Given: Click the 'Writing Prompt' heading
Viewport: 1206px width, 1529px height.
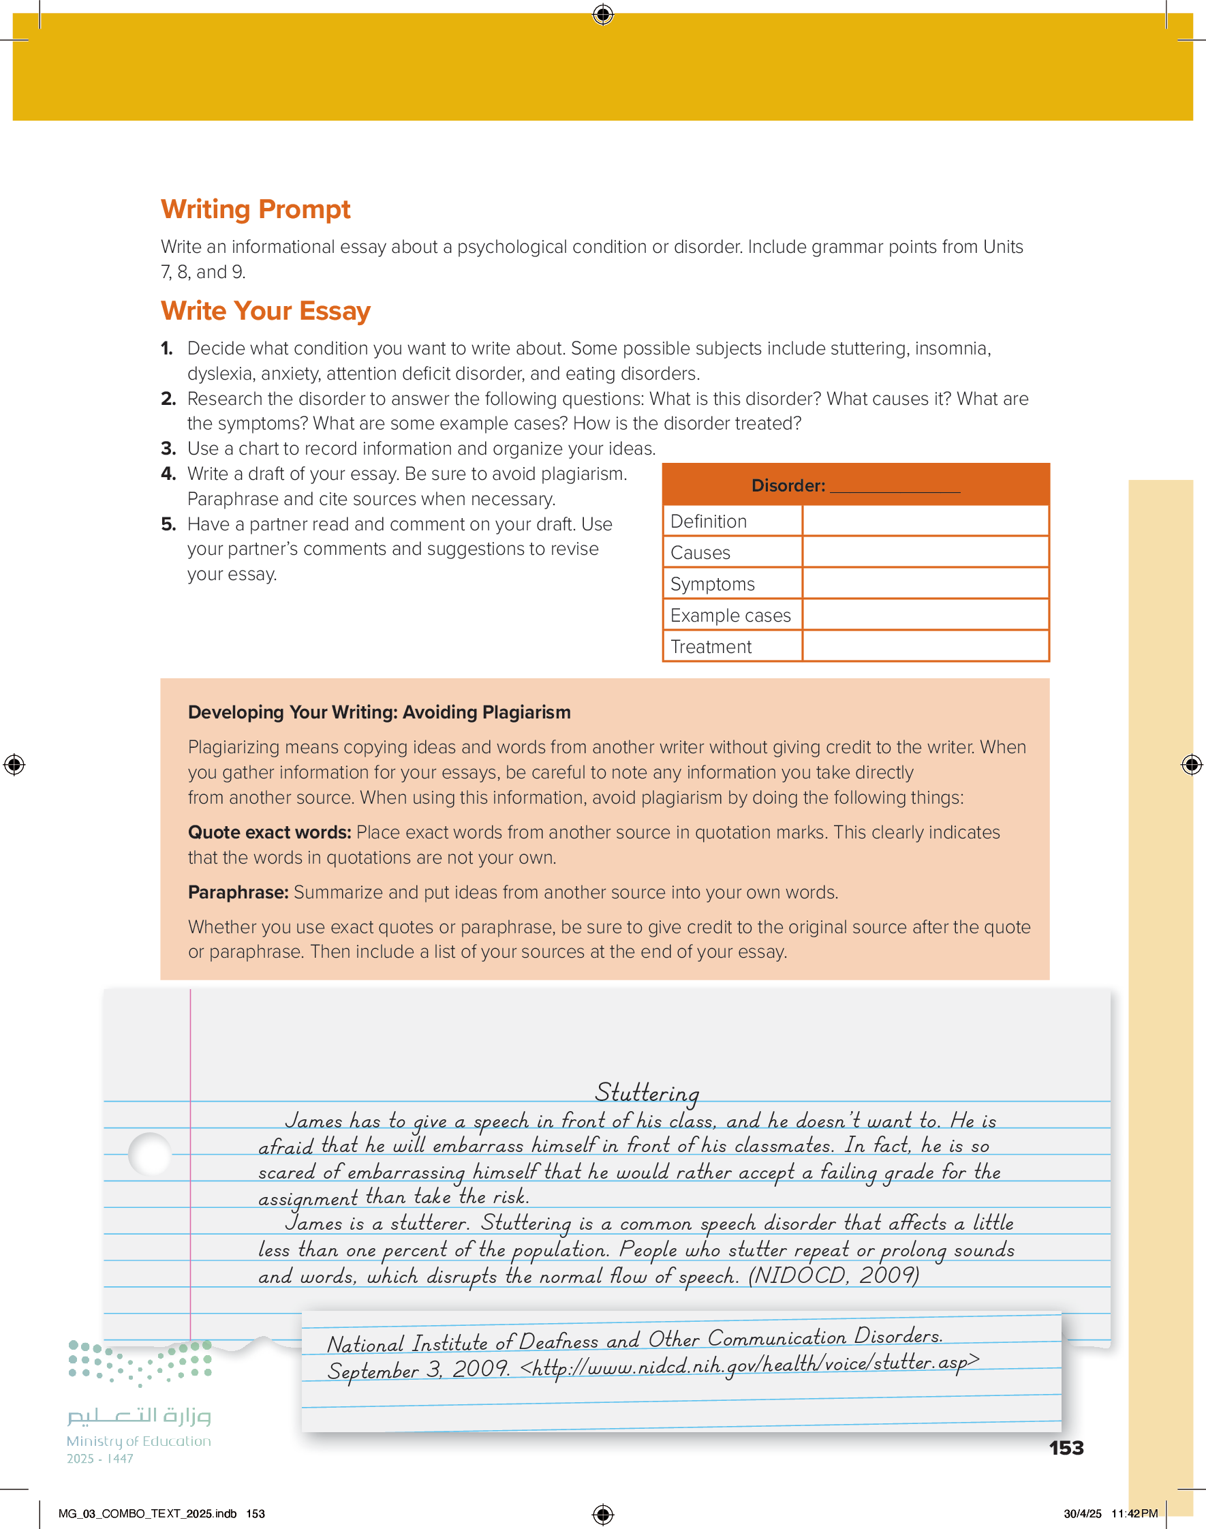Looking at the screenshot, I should [x=255, y=209].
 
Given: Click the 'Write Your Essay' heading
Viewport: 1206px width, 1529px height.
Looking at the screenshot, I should [x=265, y=311].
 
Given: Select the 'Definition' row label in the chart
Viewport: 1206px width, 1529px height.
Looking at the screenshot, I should [x=708, y=521].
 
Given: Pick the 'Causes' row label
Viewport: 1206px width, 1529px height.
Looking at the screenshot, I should [x=700, y=552].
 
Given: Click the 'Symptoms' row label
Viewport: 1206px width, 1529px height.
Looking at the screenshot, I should [x=712, y=584].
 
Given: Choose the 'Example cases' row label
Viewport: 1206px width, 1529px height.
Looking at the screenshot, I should [x=730, y=615].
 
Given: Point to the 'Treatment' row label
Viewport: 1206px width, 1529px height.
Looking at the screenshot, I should [x=711, y=646].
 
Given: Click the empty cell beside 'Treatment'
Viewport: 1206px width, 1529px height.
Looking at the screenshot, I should [x=925, y=646].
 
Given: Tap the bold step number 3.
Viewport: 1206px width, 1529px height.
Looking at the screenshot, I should [x=168, y=449].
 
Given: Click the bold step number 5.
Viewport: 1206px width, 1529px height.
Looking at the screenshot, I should [x=168, y=524].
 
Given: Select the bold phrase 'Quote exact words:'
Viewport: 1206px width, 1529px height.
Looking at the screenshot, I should [x=269, y=832].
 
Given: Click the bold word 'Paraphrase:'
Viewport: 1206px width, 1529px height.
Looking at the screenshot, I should [x=238, y=892].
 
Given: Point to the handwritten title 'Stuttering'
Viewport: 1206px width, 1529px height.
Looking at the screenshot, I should [x=647, y=1093].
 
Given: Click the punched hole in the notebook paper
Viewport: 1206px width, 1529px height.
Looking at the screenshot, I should [x=150, y=1154].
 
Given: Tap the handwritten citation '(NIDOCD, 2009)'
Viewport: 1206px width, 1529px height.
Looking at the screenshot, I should [x=833, y=1275].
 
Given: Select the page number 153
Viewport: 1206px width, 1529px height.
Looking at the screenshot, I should [x=1066, y=1448].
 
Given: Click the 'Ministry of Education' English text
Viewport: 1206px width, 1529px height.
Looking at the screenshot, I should [x=138, y=1440].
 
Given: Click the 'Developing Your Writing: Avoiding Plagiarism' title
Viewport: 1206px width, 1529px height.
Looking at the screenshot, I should [x=378, y=712].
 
